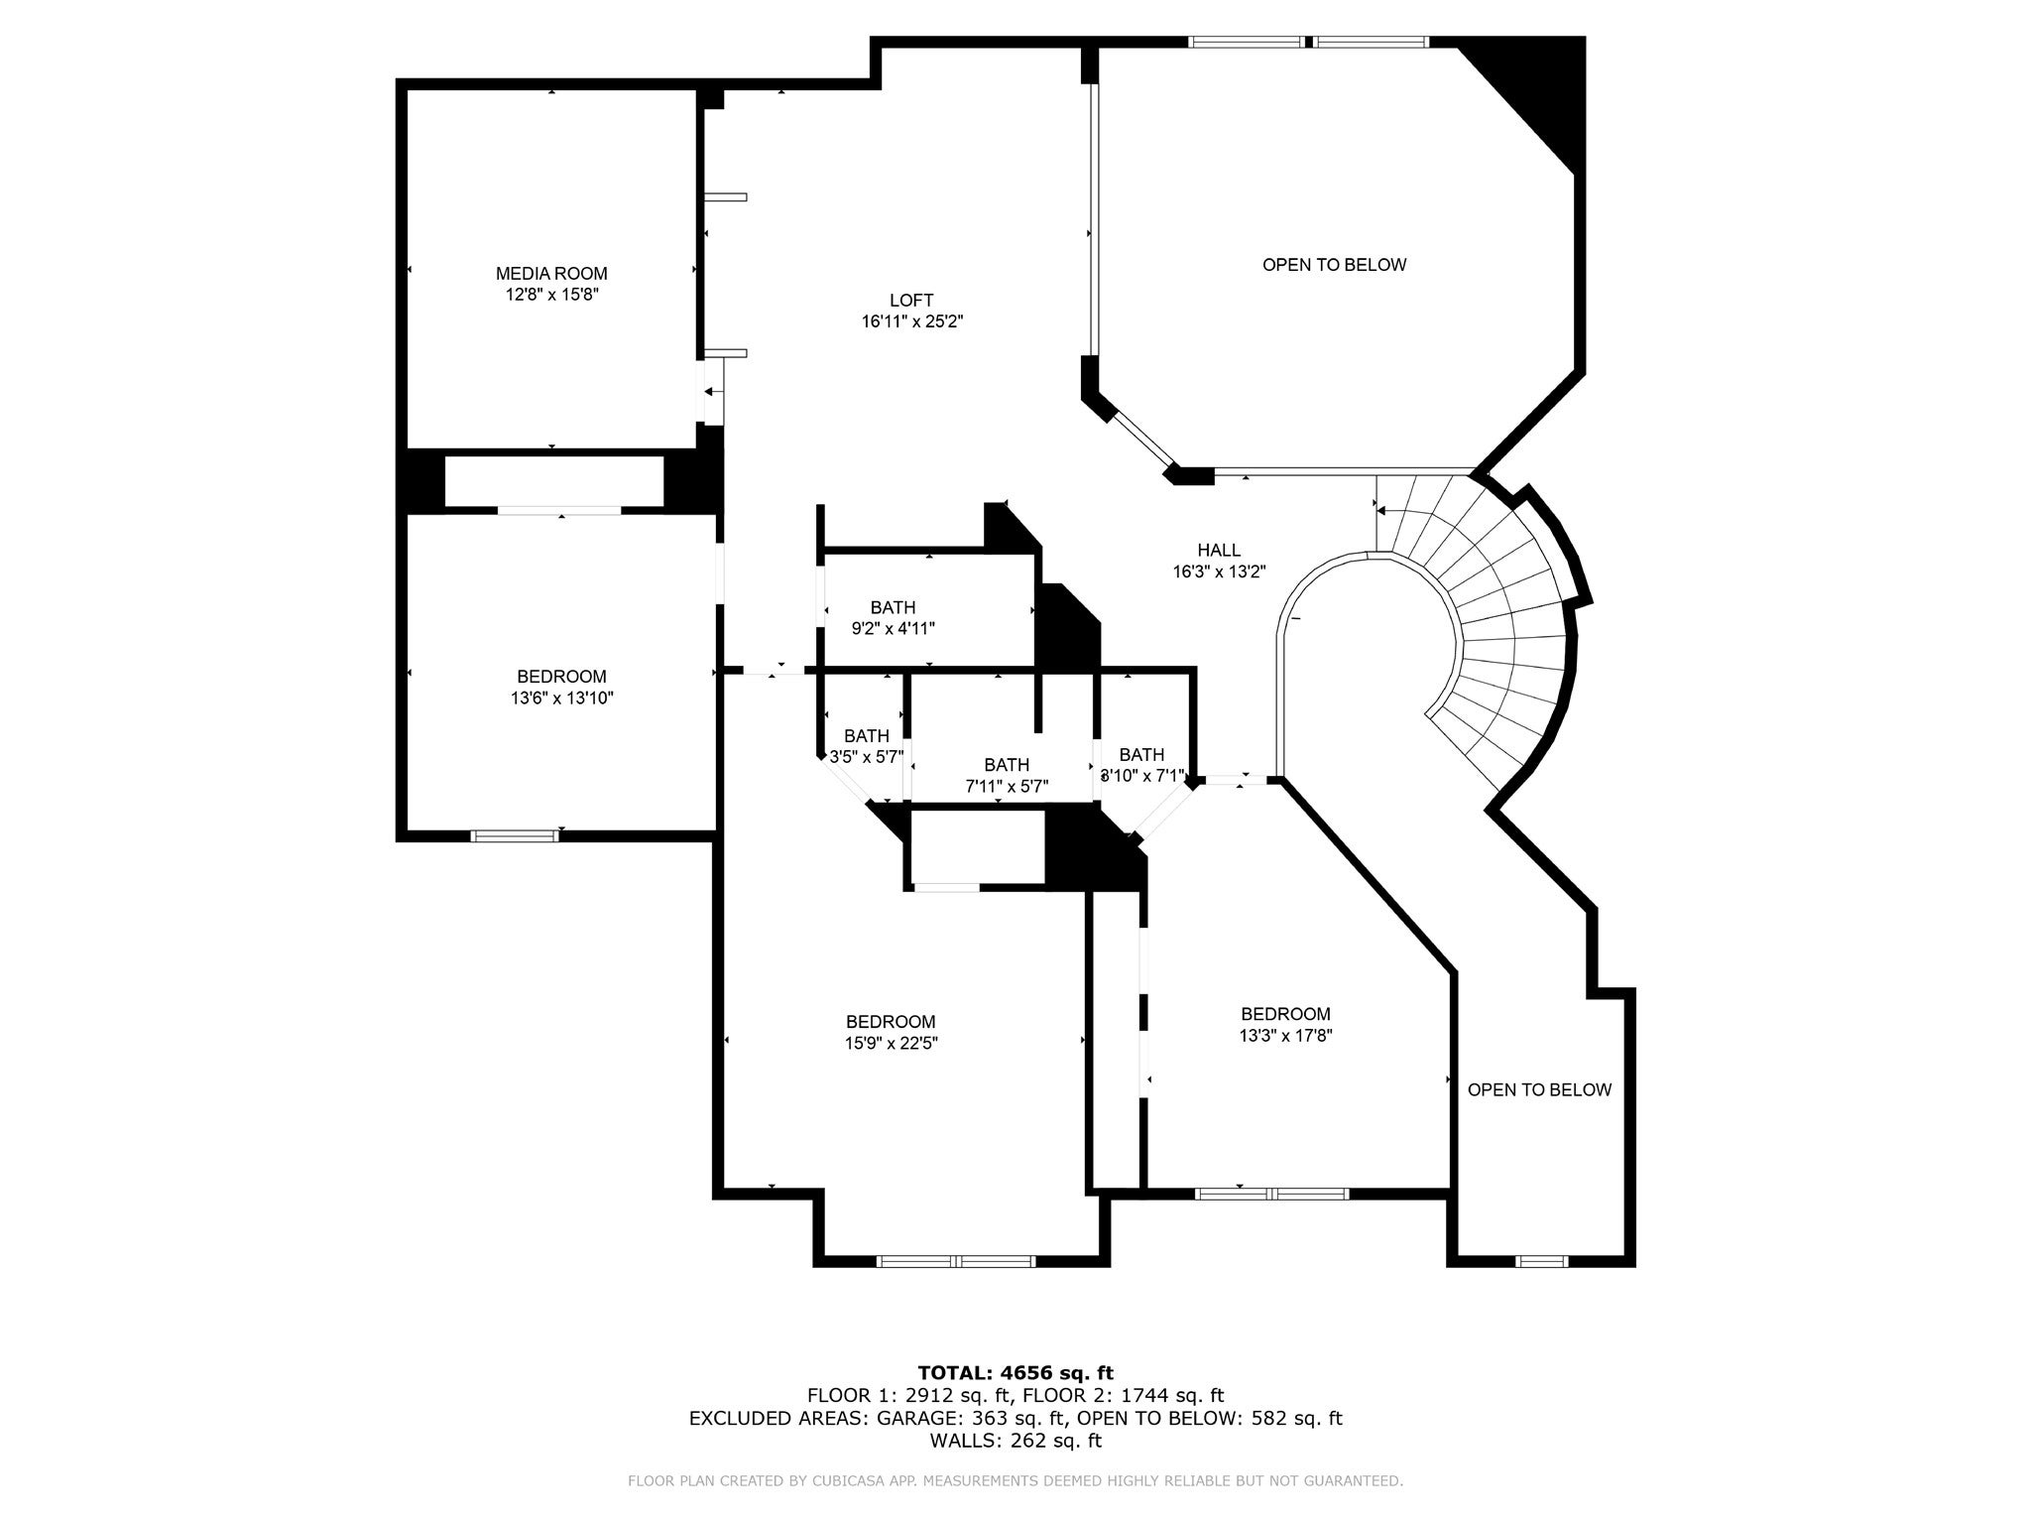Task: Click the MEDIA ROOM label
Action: [x=551, y=274]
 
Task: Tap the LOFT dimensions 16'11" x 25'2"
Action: [x=912, y=321]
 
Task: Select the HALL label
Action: [x=1218, y=551]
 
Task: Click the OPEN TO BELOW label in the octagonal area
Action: [x=1334, y=265]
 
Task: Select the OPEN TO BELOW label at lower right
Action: [x=1539, y=1090]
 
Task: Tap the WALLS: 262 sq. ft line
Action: [x=1015, y=1441]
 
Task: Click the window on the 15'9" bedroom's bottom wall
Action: [x=956, y=1262]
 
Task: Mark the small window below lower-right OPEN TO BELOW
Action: [x=1542, y=1262]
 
